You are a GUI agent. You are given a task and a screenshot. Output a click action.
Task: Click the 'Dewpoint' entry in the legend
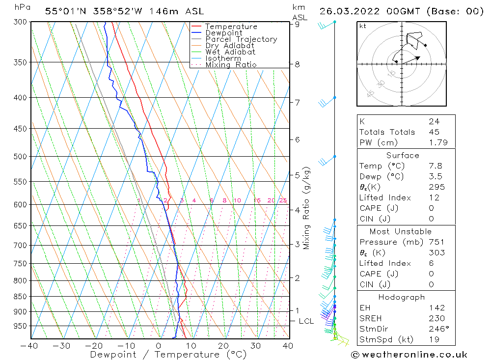[223, 33]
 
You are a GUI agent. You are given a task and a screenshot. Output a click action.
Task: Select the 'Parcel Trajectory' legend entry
[241, 39]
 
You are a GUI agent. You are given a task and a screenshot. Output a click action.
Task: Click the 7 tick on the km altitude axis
[297, 102]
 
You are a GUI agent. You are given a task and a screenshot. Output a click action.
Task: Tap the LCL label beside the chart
[306, 321]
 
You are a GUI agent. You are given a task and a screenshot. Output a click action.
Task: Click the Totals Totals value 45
[434, 132]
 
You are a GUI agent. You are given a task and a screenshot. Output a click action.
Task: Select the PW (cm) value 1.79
[437, 142]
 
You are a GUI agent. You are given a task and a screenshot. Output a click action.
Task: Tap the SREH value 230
[436, 318]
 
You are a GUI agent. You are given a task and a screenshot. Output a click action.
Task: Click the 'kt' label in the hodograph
[362, 26]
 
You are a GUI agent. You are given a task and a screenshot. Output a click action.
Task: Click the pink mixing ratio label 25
[283, 200]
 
